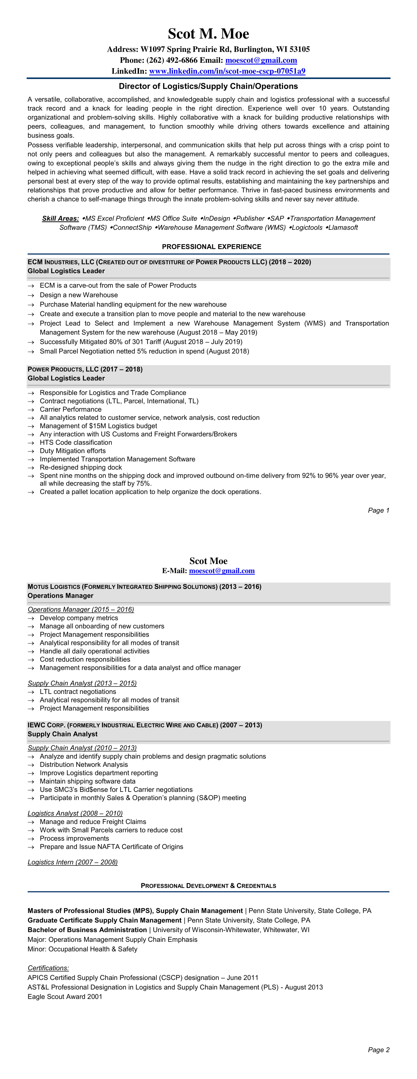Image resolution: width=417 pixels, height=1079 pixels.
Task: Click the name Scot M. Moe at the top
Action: pos(208,34)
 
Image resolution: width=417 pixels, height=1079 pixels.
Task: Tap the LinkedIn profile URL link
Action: pos(227,71)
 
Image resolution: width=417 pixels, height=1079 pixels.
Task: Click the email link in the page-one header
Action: pos(261,60)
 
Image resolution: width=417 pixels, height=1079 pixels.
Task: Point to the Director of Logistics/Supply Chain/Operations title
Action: pos(208,86)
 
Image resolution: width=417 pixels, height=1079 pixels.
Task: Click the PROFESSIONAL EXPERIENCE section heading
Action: pos(212,247)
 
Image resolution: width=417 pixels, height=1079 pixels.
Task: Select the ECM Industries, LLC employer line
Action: pos(169,262)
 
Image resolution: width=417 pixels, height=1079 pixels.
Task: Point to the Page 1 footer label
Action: pos(378,510)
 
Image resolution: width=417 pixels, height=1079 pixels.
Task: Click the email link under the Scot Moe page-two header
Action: pos(222,571)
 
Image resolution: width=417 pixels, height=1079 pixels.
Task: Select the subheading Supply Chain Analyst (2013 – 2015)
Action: pos(82,683)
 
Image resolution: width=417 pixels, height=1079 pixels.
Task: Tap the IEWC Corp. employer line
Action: pos(144,725)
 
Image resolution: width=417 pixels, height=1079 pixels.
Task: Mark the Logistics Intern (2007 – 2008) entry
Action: pos(73,862)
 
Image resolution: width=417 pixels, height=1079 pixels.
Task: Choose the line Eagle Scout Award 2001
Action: pos(65,997)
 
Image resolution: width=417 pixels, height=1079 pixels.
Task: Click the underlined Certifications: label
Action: pos(48,968)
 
